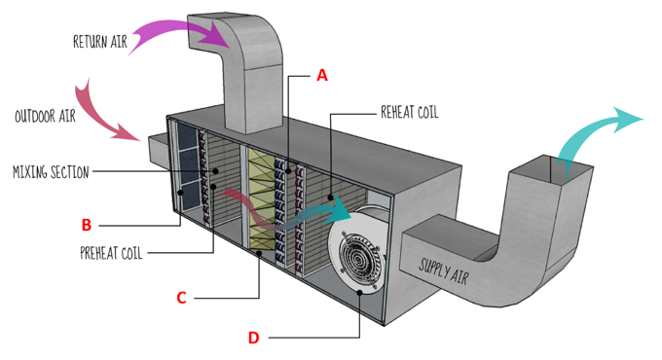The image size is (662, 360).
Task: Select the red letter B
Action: pos(87,225)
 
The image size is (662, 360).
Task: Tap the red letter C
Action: pos(181,298)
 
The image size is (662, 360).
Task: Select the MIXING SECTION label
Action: pos(51,172)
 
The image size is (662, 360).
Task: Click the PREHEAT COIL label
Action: pos(112,256)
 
